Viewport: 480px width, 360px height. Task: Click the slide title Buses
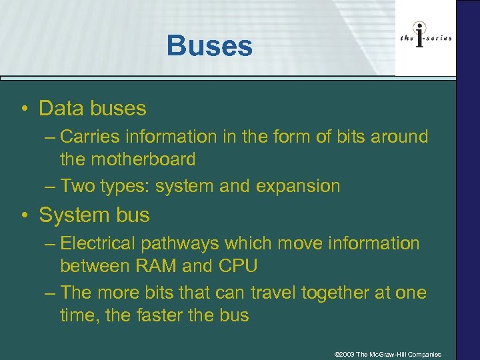point(209,46)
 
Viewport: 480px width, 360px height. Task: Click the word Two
point(77,186)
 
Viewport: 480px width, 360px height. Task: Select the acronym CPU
point(237,266)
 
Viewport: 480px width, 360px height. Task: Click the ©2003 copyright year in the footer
point(344,354)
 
